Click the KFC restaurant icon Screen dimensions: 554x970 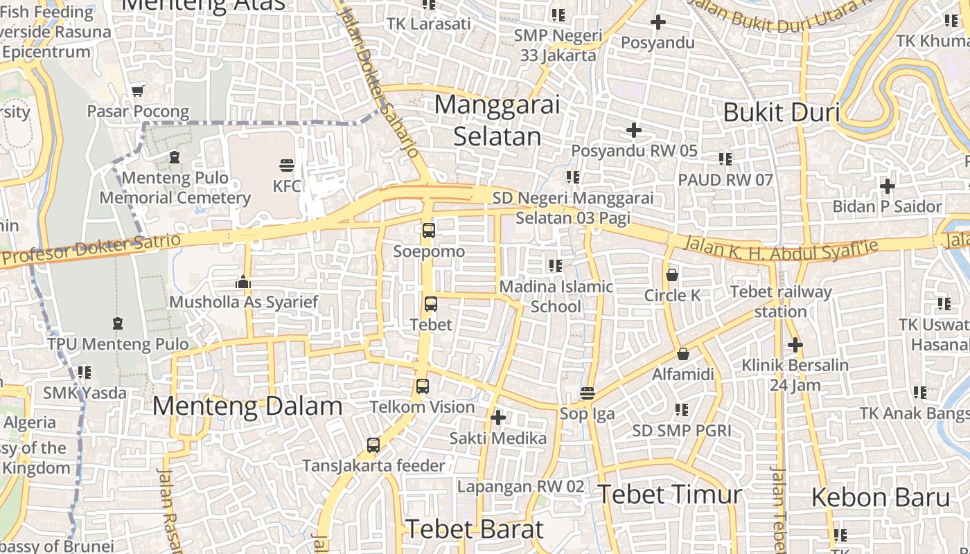(287, 166)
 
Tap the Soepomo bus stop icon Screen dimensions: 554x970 (429, 231)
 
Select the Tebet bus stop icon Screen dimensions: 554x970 (431, 303)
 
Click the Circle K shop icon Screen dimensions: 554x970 (671, 275)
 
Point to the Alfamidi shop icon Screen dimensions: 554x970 (683, 354)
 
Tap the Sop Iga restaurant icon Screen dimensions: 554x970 (588, 393)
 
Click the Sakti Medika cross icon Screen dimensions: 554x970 (497, 418)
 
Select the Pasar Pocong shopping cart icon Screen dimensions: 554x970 (138, 91)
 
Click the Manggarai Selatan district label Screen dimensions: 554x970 (497, 120)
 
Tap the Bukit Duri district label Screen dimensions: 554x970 (781, 112)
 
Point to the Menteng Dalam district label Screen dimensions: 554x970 (247, 406)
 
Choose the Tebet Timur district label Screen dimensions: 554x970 (669, 494)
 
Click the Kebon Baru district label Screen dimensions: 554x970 (880, 497)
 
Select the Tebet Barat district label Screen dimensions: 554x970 (475, 529)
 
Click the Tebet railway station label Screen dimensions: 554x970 (780, 301)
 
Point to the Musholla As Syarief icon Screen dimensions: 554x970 (243, 282)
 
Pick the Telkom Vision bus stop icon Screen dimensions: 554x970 (423, 386)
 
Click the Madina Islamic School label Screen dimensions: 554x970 (556, 296)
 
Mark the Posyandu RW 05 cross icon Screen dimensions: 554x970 (633, 130)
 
